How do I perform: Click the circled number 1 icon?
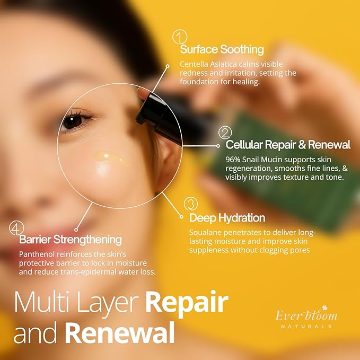pyautogui.click(x=180, y=37)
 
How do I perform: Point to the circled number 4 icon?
pyautogui.click(x=17, y=228)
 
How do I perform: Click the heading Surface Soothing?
pyautogui.click(x=222, y=50)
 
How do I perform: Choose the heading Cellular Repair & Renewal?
pyautogui.click(x=288, y=145)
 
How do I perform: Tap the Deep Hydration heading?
pyautogui.click(x=227, y=218)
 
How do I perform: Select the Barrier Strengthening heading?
pyautogui.click(x=71, y=240)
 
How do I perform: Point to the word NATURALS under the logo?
pyautogui.click(x=306, y=327)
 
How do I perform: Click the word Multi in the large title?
pyautogui.click(x=40, y=302)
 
